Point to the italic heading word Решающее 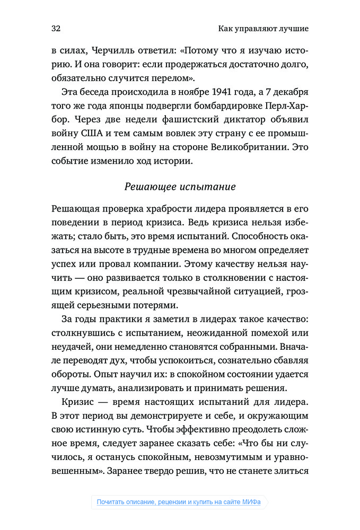tap(146, 187)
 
